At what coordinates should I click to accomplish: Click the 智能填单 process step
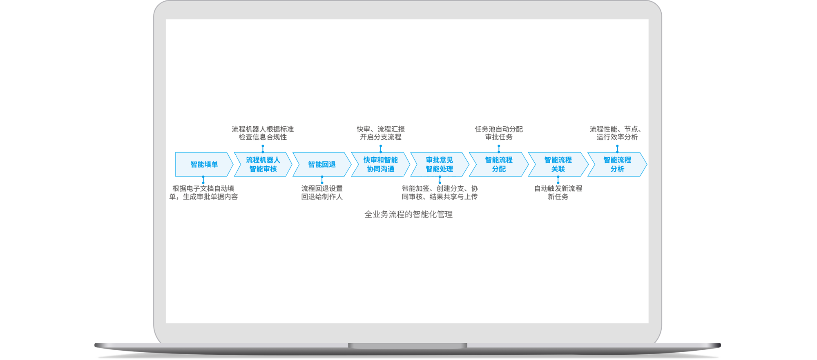click(204, 164)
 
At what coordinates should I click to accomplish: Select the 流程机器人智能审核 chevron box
click(263, 164)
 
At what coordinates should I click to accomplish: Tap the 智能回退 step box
click(322, 164)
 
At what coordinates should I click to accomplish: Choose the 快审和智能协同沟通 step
click(380, 164)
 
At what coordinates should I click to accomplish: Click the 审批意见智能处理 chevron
click(440, 164)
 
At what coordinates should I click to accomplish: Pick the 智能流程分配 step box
click(498, 164)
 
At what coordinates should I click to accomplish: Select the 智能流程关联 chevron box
click(558, 164)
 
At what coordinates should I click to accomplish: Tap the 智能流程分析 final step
click(617, 164)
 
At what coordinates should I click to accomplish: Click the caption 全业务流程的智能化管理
click(408, 215)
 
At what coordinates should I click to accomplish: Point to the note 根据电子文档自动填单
click(203, 192)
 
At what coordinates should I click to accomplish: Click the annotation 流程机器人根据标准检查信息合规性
click(263, 133)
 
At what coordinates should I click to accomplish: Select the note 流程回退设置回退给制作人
click(322, 192)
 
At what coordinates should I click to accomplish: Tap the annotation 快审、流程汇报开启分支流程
click(381, 133)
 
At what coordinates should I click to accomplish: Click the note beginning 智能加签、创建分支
click(440, 192)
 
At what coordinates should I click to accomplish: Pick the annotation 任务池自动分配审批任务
click(499, 133)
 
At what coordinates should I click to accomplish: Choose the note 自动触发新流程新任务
click(558, 192)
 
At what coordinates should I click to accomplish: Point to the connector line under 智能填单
click(203, 180)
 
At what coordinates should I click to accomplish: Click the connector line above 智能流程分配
click(499, 149)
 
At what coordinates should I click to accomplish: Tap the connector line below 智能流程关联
click(558, 180)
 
